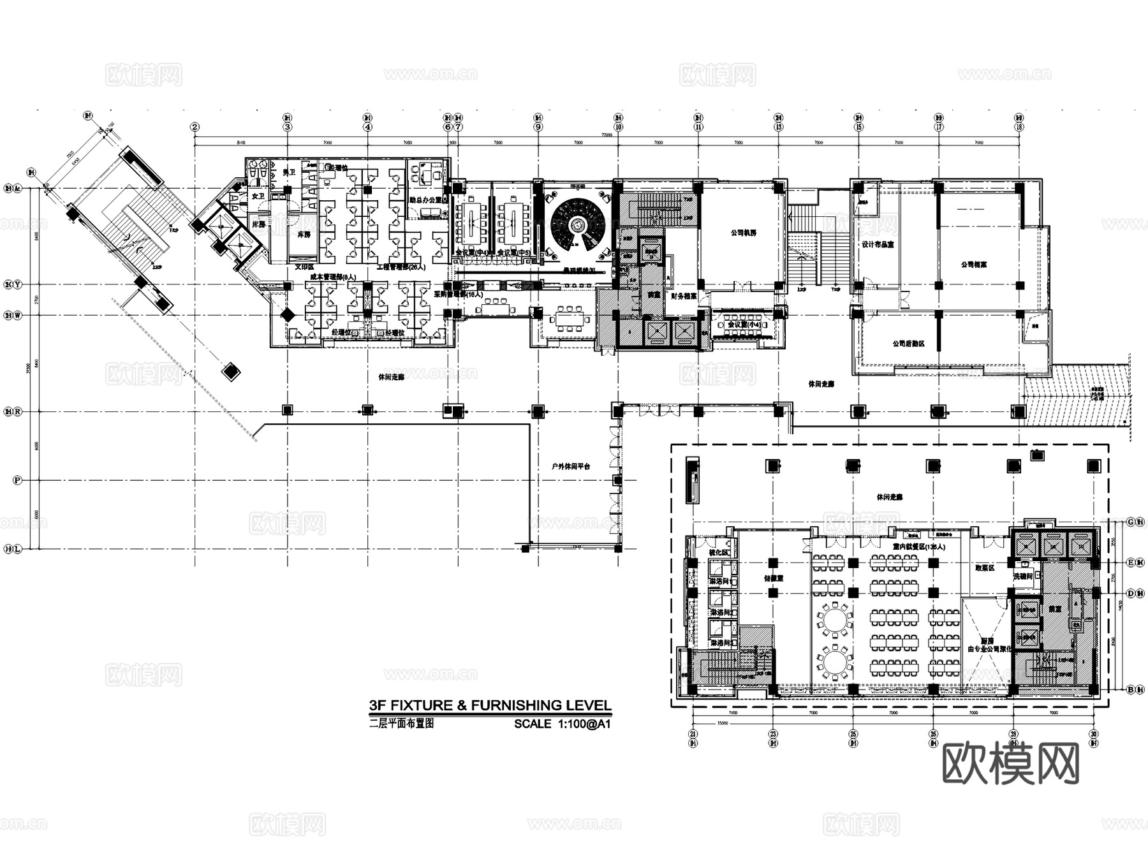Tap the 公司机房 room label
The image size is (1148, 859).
[x=743, y=233]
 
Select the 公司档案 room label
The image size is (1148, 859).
[x=973, y=264]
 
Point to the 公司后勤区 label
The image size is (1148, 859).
[x=908, y=344]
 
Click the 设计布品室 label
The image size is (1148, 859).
[x=878, y=244]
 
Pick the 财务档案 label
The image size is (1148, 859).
[x=682, y=295]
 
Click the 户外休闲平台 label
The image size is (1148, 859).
[x=571, y=466]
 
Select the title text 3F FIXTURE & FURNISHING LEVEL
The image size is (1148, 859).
[x=490, y=705]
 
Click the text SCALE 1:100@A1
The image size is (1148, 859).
[x=563, y=724]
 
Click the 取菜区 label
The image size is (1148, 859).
[x=985, y=568]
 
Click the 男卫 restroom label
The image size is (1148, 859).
[x=289, y=173]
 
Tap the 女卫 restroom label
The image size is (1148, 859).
[x=258, y=196]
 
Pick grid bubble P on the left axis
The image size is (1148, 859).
[x=17, y=480]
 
